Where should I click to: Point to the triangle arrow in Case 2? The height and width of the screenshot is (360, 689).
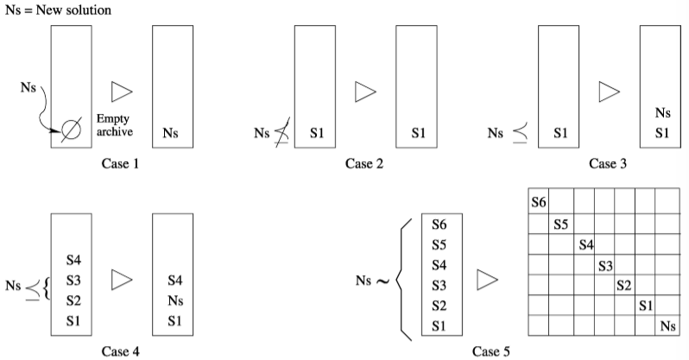pyautogui.click(x=367, y=90)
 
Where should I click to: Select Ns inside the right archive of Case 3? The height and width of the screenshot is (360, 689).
pyautogui.click(x=662, y=113)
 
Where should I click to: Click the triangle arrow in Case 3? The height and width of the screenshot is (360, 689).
pyautogui.click(x=610, y=90)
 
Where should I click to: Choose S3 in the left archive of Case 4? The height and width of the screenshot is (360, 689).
pyautogui.click(x=73, y=280)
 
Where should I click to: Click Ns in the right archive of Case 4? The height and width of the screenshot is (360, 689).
pyautogui.click(x=174, y=300)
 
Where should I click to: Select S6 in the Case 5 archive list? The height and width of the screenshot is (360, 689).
pyautogui.click(x=440, y=224)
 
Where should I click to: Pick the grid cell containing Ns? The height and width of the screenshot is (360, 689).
pyautogui.click(x=666, y=325)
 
